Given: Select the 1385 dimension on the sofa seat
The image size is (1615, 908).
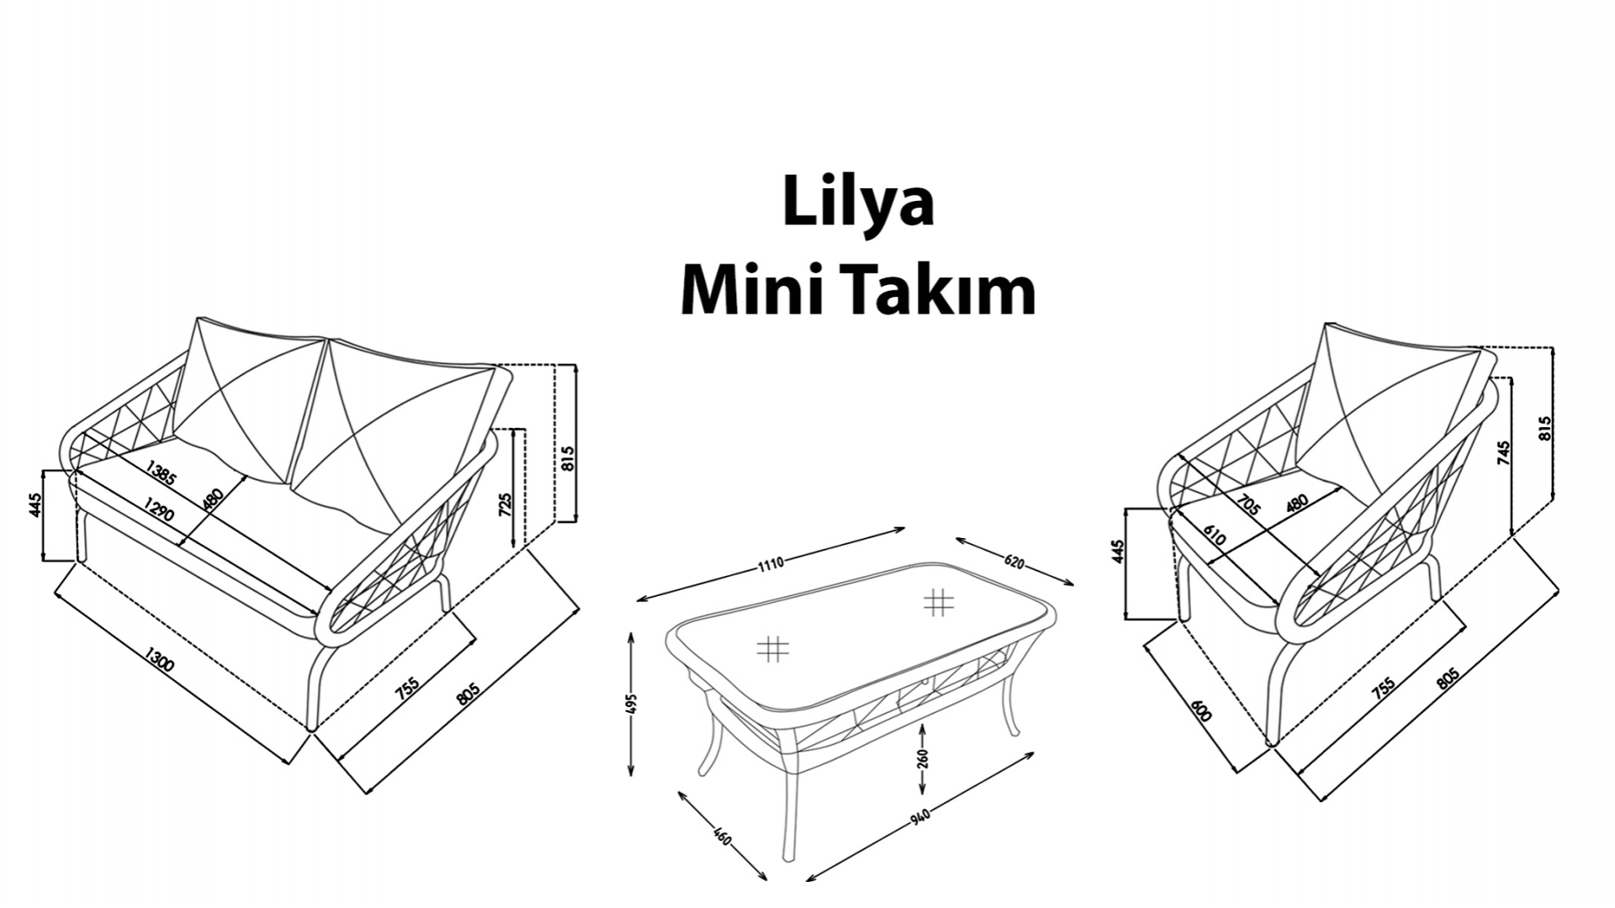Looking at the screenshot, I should (x=161, y=473).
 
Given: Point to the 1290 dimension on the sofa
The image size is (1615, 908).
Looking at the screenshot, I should (x=159, y=508).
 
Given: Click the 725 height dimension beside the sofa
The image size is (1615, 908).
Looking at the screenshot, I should (x=506, y=504).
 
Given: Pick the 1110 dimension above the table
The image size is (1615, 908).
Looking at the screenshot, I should (x=770, y=563).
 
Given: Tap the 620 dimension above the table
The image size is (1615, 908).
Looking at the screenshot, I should (x=1014, y=562).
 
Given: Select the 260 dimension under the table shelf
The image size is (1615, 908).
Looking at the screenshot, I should (x=923, y=759).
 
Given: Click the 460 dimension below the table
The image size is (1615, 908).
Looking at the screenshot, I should (x=722, y=837).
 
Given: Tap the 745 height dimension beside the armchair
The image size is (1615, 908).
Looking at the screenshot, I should (x=1504, y=453).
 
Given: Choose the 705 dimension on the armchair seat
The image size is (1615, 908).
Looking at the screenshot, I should (x=1249, y=505).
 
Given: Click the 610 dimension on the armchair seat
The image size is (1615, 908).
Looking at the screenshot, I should (x=1214, y=536).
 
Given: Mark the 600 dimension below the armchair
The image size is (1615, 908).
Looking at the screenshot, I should (x=1202, y=711).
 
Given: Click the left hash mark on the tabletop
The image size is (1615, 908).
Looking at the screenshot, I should (x=772, y=648).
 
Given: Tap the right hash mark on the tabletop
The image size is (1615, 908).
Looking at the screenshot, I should (x=938, y=602).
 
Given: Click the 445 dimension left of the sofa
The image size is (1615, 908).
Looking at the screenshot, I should (x=35, y=505).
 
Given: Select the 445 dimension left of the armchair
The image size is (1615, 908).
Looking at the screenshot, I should (x=1118, y=552).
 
